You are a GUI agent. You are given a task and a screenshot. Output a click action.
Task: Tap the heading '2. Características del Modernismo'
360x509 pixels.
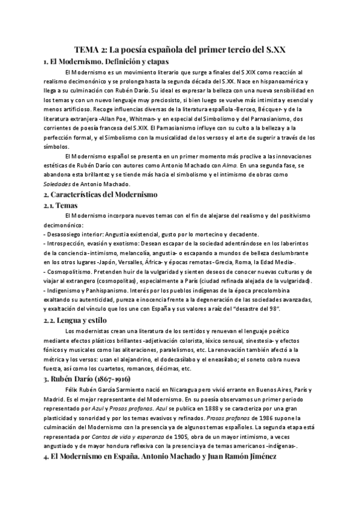(100, 194)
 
